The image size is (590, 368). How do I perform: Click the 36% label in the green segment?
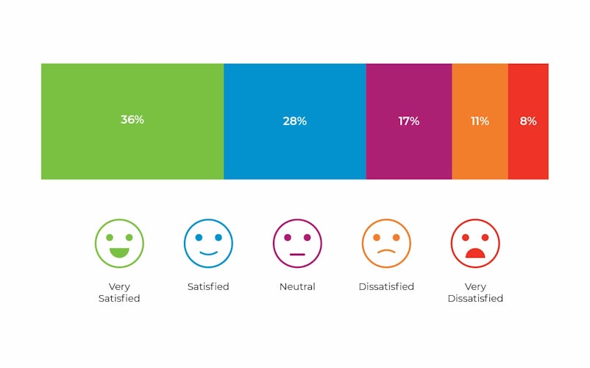coord(132,119)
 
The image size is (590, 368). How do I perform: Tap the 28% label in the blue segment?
coord(294,121)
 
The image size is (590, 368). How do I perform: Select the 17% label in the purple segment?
coord(409,121)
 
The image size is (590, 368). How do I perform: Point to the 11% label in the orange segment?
coord(480,121)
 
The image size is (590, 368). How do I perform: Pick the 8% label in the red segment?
coord(528,121)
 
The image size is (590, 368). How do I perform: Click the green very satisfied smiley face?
coord(119,243)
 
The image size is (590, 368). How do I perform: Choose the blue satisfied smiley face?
coord(208,243)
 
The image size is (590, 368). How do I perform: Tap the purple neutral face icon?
coord(297,243)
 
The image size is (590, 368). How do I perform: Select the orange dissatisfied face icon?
coord(386,243)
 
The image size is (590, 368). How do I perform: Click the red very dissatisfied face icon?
coord(475,243)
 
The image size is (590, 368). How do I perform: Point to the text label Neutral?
coord(297,286)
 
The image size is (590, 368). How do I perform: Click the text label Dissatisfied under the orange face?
coord(386,286)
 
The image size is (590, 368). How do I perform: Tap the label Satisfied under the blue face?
coord(208,286)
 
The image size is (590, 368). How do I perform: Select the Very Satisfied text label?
coord(119,292)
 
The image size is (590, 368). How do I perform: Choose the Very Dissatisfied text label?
coord(475,292)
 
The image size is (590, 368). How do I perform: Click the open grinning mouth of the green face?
coord(119,252)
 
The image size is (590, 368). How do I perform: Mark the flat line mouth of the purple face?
coord(297,254)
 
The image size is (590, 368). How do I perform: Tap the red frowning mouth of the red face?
coord(475,253)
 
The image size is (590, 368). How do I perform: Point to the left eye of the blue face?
coord(199,238)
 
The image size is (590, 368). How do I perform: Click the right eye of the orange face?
coord(396,238)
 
